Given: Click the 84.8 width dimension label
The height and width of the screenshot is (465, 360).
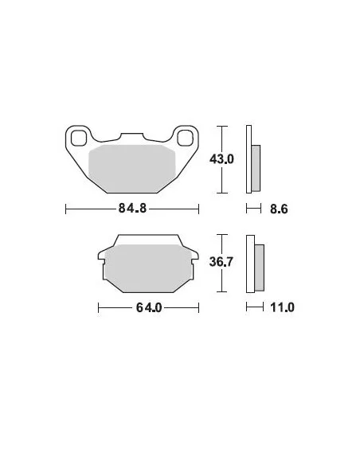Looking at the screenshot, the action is [132, 208].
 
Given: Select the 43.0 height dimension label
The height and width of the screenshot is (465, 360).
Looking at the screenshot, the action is [221, 159].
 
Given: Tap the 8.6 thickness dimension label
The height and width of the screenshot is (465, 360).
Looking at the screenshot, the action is [279, 209].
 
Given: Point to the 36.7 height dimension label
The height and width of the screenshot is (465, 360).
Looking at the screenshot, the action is [221, 261].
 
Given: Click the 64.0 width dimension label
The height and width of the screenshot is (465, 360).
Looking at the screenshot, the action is [149, 307].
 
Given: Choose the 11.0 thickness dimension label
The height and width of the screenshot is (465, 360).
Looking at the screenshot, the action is [282, 307].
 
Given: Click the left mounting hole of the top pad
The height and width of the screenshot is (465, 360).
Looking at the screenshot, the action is [79, 138].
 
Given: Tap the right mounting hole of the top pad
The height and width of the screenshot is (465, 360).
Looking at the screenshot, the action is [185, 138].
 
